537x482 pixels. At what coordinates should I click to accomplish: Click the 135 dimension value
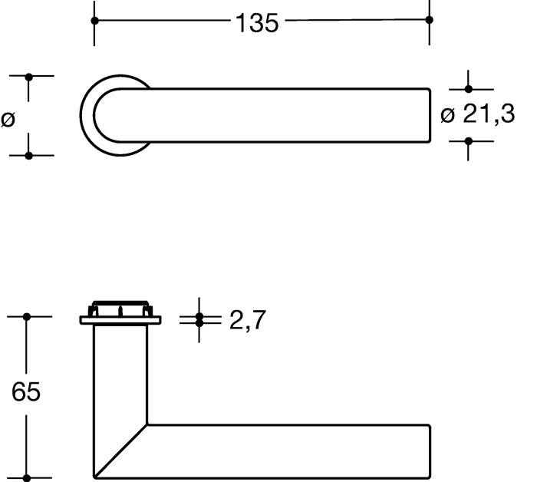256,23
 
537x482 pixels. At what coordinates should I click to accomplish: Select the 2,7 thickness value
247,321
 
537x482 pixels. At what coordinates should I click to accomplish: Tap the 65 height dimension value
26,392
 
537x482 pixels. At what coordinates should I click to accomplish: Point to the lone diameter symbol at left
8,119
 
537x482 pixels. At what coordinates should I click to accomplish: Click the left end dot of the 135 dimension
95,20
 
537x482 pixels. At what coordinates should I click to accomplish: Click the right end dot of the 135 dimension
429,20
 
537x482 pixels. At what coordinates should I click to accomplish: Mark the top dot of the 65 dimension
27,316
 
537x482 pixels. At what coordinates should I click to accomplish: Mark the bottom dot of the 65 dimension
27,477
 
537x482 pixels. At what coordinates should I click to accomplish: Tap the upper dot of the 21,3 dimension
469,89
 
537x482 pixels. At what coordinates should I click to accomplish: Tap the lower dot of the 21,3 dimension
469,140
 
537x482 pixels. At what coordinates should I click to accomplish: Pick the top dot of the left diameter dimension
29,77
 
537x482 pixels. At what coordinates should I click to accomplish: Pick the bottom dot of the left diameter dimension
29,155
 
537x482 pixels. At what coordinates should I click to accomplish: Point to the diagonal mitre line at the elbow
120,451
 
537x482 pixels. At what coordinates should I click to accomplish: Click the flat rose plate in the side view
120,320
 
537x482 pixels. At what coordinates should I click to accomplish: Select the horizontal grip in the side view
292,451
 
